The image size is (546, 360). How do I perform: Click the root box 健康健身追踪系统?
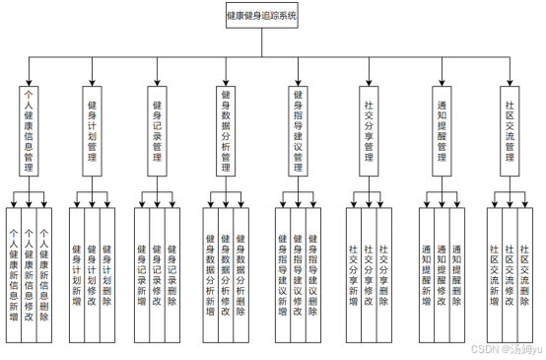[x=260, y=16]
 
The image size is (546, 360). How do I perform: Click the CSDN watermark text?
[x=502, y=348]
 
